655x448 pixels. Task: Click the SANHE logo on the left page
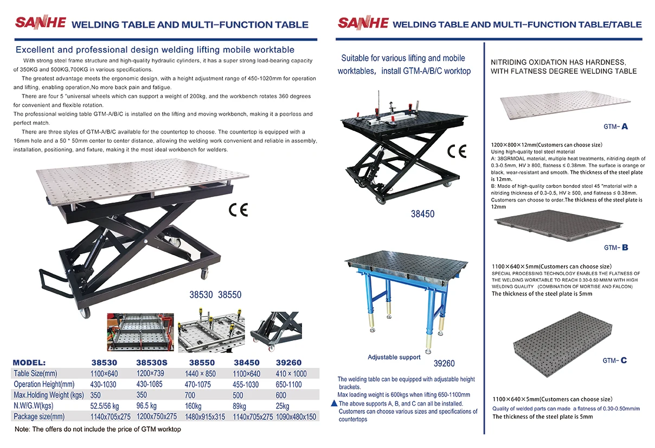tap(41, 23)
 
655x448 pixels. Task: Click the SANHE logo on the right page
tap(363, 23)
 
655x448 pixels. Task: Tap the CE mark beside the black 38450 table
tap(457, 151)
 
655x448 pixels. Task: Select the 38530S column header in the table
tap(151, 362)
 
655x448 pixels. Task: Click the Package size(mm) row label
tap(39, 417)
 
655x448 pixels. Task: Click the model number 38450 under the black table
tap(422, 214)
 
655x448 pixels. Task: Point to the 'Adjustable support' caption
tap(394, 357)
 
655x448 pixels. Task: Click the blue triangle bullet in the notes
tap(334, 403)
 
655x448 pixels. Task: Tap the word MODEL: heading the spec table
tap(36, 362)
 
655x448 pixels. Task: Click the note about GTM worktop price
tap(98, 430)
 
